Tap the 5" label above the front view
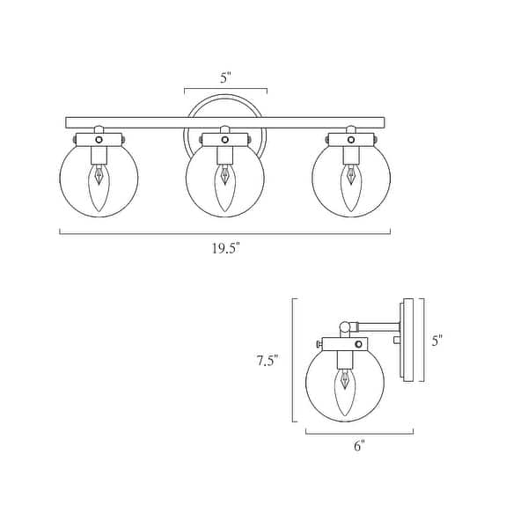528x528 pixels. pos(225,77)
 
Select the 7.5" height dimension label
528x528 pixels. pos(268,360)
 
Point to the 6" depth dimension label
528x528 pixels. pos(359,445)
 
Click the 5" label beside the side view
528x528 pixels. pos(437,340)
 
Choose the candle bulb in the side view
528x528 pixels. pos(345,387)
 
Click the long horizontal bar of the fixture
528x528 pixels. pos(225,121)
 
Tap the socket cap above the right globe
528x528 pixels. pos(352,138)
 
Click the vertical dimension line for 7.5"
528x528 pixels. pos(292,360)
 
